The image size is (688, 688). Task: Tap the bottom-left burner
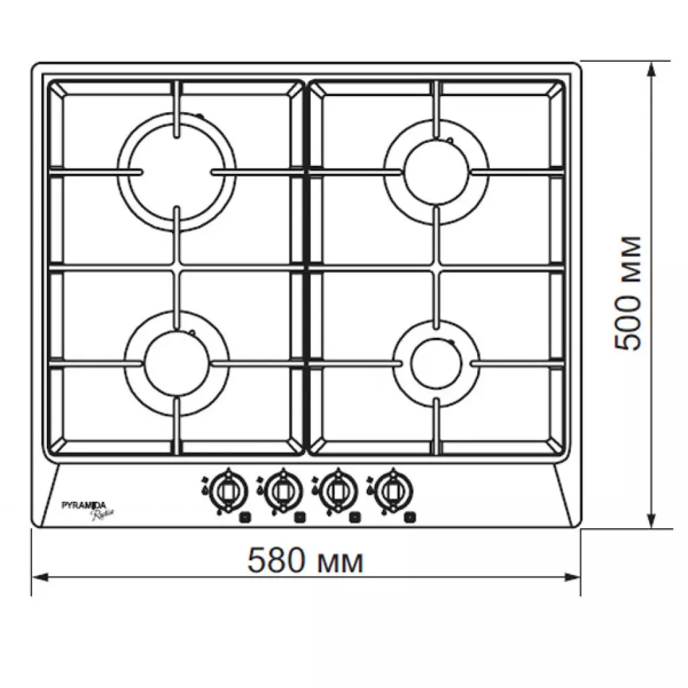(x=177, y=363)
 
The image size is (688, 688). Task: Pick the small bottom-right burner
(x=436, y=363)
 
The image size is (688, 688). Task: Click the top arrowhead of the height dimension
(x=651, y=67)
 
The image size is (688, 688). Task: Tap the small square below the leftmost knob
(x=245, y=518)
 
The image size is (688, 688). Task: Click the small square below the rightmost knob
(x=409, y=518)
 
